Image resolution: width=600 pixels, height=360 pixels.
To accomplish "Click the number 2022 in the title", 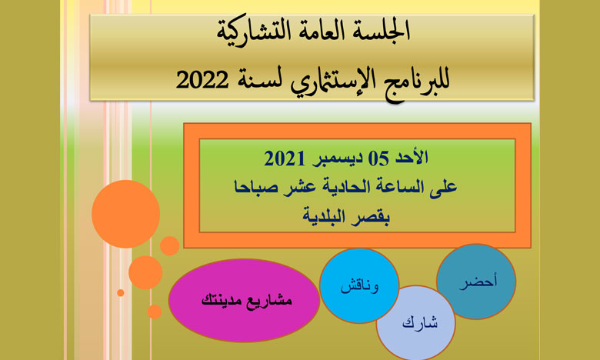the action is [202, 80].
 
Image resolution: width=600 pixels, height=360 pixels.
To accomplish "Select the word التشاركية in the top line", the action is [250, 31].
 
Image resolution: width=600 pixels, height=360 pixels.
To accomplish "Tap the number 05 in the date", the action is [378, 158].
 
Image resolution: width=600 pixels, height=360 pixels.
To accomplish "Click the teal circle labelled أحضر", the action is [476, 282].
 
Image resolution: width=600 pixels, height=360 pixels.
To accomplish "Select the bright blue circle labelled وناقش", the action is [359, 286].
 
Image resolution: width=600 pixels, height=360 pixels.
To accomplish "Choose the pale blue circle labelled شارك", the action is [416, 323].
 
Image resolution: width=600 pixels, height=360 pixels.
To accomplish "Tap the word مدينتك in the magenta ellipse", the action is [222, 299].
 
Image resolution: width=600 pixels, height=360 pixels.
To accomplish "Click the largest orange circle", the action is [126, 215].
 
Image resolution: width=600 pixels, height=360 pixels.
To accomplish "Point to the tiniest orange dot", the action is [121, 292].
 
